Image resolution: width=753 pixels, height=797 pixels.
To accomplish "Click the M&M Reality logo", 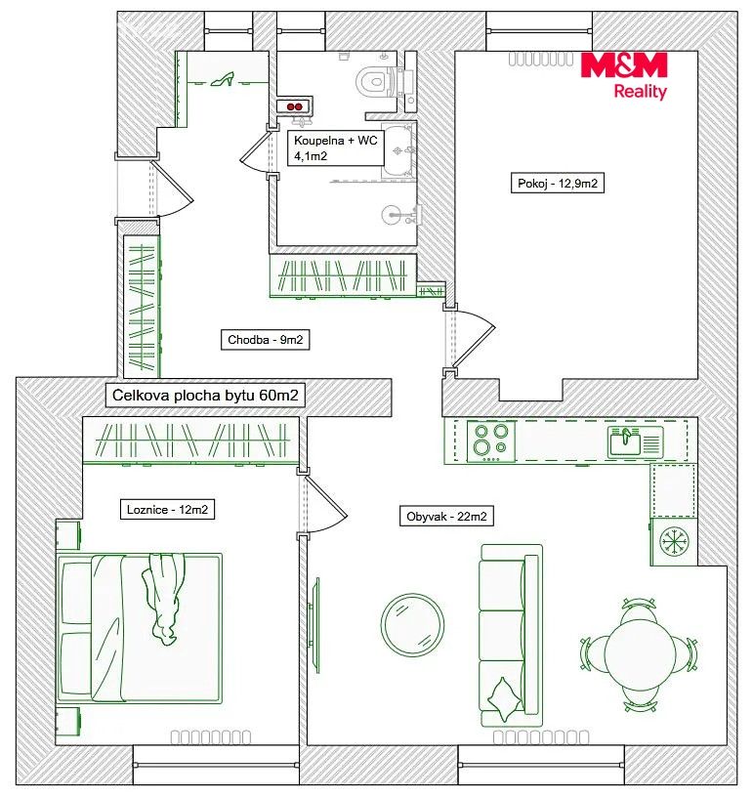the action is coord(624,75).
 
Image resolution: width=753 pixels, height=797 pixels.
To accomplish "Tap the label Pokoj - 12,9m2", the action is coord(558,183).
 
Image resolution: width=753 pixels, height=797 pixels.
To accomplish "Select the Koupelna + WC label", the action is coord(335,141).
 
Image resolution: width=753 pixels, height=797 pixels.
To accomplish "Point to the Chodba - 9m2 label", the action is coord(266,340).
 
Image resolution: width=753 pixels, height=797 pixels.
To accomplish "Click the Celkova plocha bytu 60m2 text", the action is coord(205,395).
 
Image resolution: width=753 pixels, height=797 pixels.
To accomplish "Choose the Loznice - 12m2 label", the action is coord(167,509).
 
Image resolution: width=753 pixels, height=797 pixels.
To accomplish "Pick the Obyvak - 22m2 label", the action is coord(446,517).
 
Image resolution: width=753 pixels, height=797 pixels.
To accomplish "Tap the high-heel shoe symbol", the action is coord(222,79).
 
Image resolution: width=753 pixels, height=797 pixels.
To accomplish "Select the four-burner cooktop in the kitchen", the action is coord(491,440).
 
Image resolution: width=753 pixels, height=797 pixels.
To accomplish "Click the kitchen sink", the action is coord(635,441).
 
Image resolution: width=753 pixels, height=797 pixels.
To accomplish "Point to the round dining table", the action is coord(640,654).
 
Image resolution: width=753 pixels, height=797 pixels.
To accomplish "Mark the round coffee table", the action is coord(412,625).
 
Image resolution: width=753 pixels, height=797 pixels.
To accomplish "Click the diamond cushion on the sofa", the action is coord(505,699).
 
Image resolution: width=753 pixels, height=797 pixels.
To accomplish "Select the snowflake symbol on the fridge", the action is coord(674,540).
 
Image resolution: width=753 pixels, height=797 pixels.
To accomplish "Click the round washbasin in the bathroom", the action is coord(394,215).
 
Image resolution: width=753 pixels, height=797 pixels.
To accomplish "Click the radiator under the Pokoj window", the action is coord(541,59).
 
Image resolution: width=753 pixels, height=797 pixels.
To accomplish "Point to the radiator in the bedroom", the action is coord(211,737).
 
